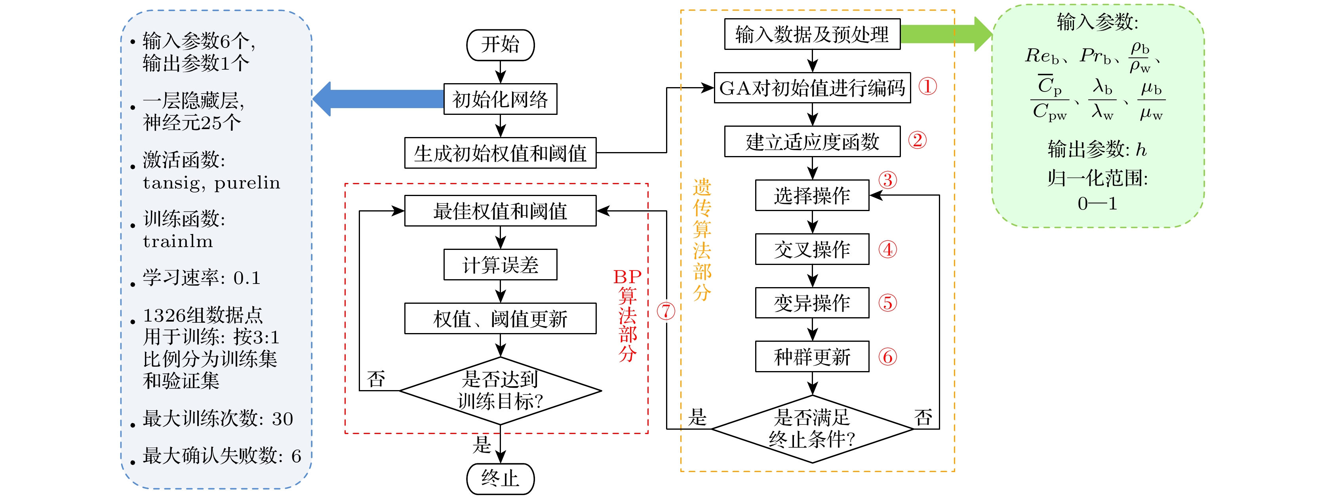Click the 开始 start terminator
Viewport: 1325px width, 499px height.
[x=500, y=45]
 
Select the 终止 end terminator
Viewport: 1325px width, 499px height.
[x=500, y=478]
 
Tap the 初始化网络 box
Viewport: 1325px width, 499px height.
[x=500, y=99]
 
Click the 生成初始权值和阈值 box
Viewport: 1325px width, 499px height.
[x=500, y=153]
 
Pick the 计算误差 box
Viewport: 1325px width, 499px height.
[x=500, y=265]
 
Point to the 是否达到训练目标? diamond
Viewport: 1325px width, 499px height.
[x=500, y=391]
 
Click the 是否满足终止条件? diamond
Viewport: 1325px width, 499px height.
[x=812, y=429]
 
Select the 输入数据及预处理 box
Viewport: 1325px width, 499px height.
[x=812, y=34]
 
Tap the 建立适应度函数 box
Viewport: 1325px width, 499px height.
[x=812, y=141]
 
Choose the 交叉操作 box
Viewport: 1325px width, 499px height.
[x=812, y=249]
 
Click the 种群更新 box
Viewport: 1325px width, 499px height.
[x=812, y=356]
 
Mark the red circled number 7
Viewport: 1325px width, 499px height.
[x=666, y=311]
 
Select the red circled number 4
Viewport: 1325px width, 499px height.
[x=887, y=249]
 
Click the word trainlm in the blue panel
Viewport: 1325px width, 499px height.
[x=177, y=241]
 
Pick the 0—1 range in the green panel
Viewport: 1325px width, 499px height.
[x=1097, y=204]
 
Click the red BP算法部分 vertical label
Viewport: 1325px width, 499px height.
[x=628, y=315]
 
